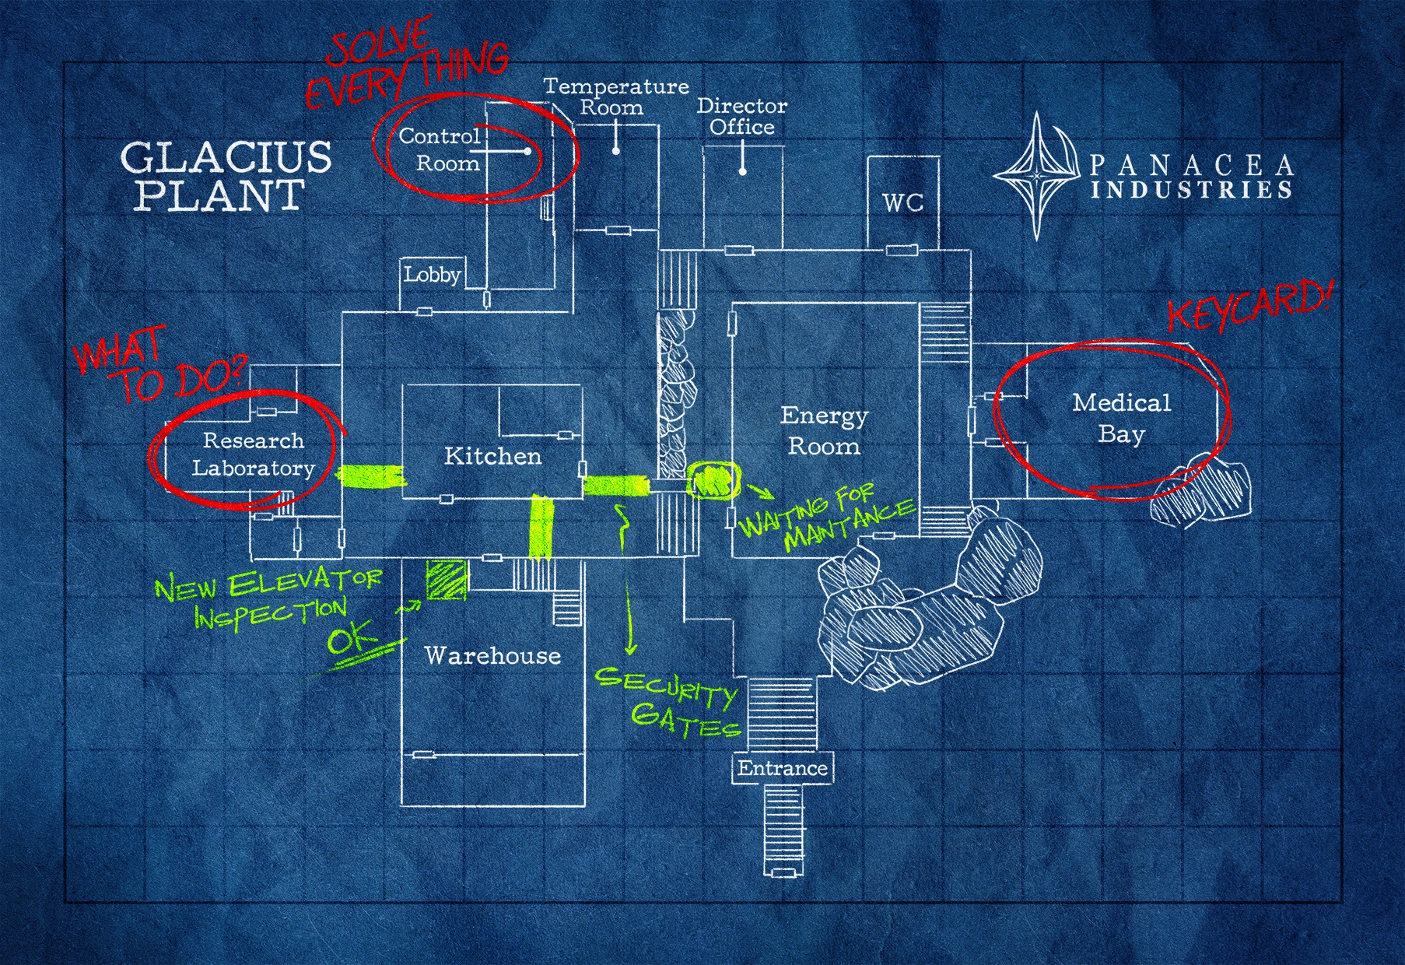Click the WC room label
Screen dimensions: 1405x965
point(902,203)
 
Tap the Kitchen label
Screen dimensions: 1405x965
point(492,456)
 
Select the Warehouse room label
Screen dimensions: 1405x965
point(492,655)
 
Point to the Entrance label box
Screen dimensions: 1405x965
point(783,768)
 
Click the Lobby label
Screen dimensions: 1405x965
point(432,275)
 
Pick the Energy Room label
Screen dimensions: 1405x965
point(824,431)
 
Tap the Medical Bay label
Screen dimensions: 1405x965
point(1121,418)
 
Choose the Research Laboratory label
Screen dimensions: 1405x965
point(253,454)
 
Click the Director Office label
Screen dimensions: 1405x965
point(741,117)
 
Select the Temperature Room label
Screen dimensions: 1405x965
point(615,96)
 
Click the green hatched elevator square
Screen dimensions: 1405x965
point(447,580)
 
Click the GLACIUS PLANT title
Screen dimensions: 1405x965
point(226,176)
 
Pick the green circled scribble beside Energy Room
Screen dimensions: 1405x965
point(712,479)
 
